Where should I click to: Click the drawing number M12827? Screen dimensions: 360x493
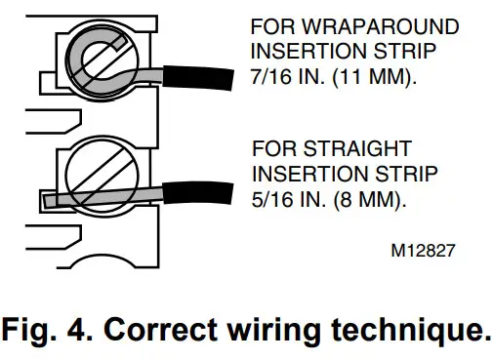click(423, 250)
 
